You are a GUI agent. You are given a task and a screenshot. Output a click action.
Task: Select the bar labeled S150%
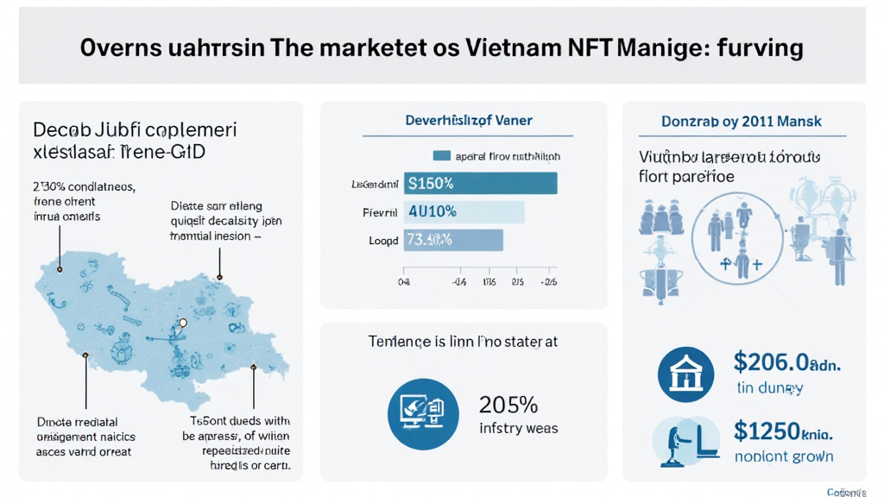point(480,183)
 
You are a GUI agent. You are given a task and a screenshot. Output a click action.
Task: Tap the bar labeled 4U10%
point(464,211)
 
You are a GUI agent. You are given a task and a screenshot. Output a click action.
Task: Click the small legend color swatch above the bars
point(441,156)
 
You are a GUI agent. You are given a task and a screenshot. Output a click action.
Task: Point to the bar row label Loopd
point(383,241)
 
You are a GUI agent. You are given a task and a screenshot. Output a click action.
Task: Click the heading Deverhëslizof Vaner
point(469,121)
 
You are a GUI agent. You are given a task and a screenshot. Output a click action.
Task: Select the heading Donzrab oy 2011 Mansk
point(742,122)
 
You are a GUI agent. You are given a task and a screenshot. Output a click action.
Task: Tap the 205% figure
point(508,404)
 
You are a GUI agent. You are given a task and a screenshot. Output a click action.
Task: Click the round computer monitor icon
point(423,413)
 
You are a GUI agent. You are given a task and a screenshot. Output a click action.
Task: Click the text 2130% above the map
point(48,186)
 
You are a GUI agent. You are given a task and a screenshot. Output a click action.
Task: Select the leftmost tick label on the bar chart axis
point(403,281)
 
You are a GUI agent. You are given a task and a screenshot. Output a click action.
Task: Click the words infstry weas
point(518,428)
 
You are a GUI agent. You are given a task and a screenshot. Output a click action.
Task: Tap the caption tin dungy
point(769,388)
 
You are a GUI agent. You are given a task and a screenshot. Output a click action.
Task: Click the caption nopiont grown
point(783,456)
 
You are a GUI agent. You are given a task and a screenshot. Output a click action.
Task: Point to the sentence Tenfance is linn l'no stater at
point(463,342)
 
